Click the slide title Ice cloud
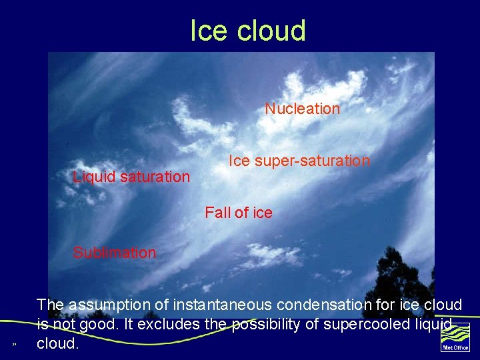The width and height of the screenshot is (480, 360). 247,31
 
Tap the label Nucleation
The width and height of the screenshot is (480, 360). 302,109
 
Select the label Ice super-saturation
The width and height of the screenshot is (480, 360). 299,161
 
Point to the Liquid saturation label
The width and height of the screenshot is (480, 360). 131,177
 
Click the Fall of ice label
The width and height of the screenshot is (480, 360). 238,213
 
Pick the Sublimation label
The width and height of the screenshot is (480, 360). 114,253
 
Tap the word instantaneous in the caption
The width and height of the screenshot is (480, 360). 223,305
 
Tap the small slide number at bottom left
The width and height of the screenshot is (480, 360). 14,345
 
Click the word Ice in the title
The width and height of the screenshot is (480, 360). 204,31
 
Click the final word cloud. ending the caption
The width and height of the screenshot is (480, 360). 57,344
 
